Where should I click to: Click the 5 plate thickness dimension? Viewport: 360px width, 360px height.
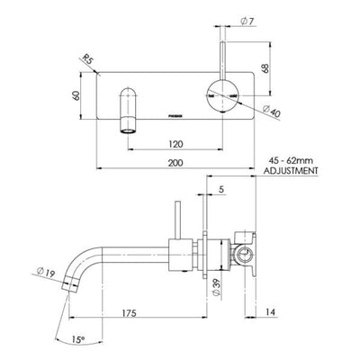220,190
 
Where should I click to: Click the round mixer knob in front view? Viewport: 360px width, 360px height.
222,93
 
